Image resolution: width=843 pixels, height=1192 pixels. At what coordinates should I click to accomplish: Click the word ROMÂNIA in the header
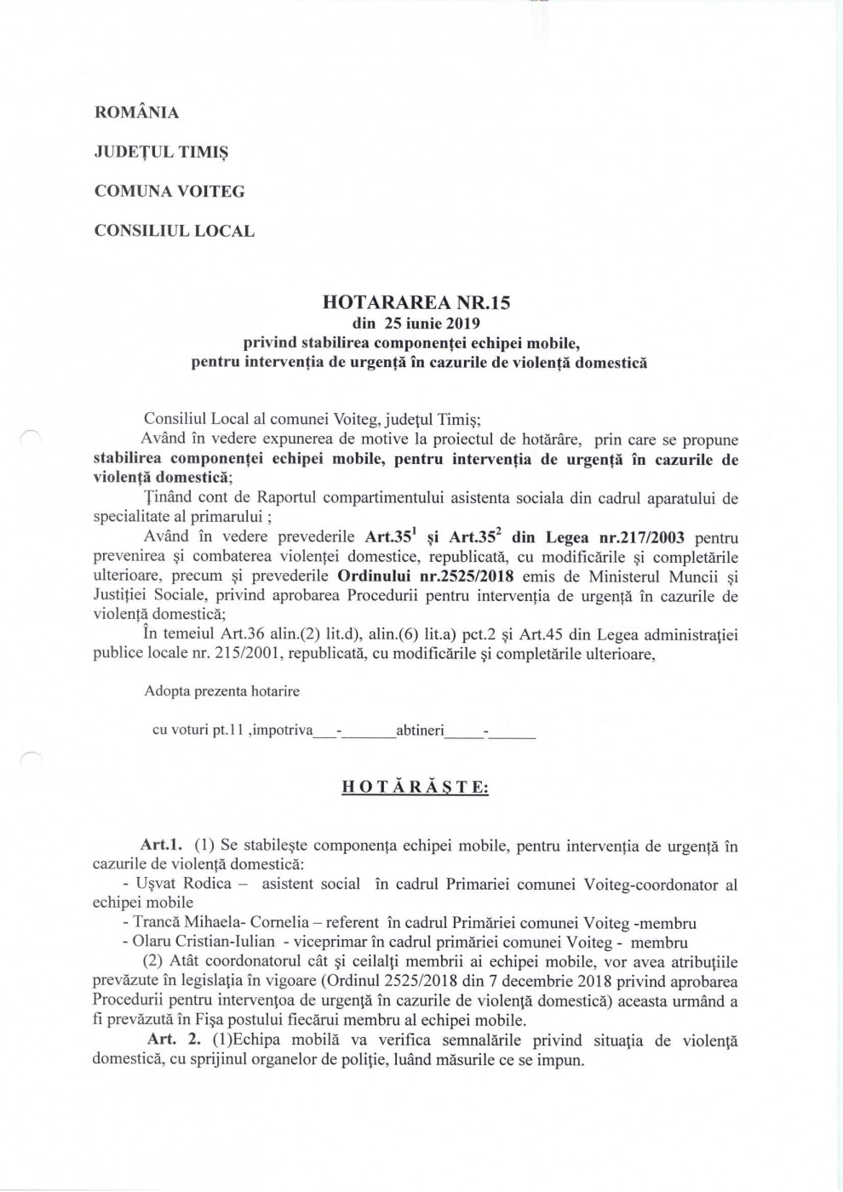[x=136, y=112]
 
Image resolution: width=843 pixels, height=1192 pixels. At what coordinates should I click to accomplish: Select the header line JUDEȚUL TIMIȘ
[x=161, y=152]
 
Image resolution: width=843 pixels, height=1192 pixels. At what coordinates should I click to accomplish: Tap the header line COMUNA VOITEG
[x=169, y=191]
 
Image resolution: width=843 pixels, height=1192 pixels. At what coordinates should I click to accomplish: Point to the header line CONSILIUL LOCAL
[x=174, y=230]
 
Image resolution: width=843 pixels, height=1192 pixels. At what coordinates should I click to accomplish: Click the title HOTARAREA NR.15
[x=416, y=302]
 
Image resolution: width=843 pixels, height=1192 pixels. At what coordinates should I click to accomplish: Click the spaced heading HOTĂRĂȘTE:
[x=415, y=788]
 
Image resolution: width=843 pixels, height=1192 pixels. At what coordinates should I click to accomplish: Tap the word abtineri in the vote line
[x=421, y=731]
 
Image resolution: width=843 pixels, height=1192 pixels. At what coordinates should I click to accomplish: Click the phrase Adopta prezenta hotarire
[x=221, y=691]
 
